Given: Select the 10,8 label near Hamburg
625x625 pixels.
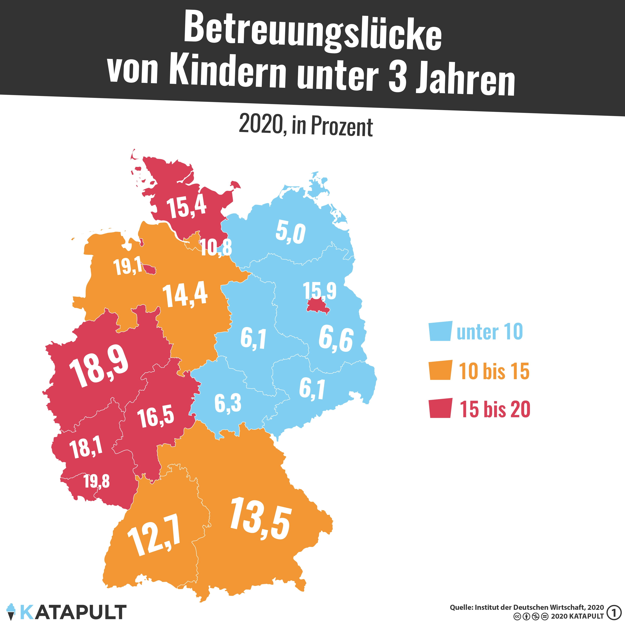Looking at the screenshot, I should (216, 248).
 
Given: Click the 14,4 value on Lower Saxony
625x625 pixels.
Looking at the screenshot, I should (185, 295).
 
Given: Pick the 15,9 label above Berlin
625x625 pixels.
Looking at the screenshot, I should (320, 290).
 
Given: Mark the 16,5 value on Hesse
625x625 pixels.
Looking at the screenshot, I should (156, 417).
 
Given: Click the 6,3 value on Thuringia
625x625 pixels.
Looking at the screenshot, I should (228, 403).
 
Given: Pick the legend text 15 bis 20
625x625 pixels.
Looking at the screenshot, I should (495, 409).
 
